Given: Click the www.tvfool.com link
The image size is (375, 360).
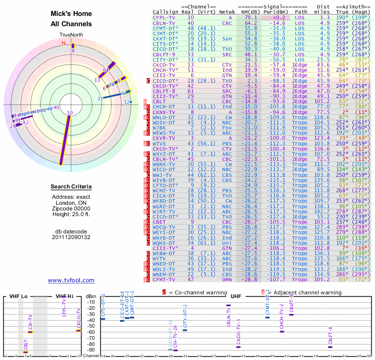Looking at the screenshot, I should click(71, 280).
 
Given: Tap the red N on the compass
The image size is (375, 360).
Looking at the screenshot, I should click(64, 43).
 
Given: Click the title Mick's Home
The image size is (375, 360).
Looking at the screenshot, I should click(71, 14).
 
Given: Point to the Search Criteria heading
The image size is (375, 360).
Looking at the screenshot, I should click(71, 187).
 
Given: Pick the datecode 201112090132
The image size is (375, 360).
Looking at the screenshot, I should click(71, 237).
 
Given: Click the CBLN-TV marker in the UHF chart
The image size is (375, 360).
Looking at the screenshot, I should click(228, 305).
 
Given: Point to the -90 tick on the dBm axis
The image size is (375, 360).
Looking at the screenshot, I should click(90, 350).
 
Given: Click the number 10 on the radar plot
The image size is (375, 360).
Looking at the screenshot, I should click(70, 113).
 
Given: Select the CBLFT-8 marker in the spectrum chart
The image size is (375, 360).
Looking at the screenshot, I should click(330, 347).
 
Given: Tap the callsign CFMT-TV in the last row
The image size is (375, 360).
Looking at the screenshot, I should click(164, 279).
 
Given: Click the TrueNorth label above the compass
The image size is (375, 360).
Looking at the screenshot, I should click(71, 35).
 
